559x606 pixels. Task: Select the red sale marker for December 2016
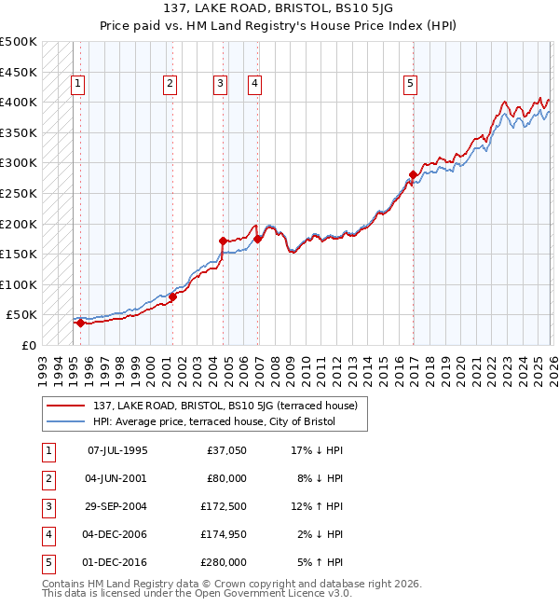point(413,174)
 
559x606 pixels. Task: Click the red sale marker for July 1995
point(80,324)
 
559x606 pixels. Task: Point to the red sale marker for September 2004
point(223,241)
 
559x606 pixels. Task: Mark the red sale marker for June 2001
point(172,296)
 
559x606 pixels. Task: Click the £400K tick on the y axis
point(19,102)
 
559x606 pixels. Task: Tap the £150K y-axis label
point(19,254)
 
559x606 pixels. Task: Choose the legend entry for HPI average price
point(213,422)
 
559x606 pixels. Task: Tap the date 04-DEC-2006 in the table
point(117,534)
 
